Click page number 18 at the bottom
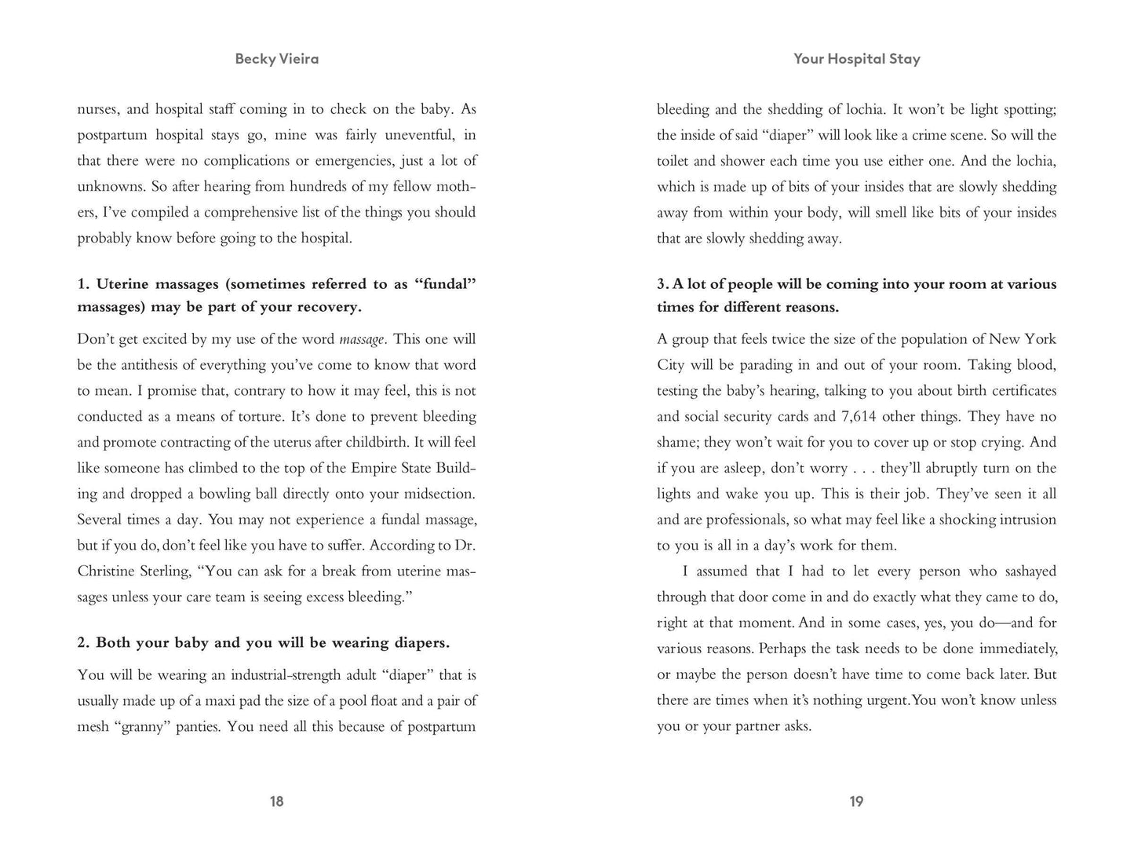(276, 801)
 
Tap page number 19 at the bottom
(856, 801)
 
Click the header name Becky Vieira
(276, 59)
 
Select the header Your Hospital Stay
(856, 59)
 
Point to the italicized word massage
(362, 339)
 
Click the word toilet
(675, 161)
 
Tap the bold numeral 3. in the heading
(663, 284)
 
